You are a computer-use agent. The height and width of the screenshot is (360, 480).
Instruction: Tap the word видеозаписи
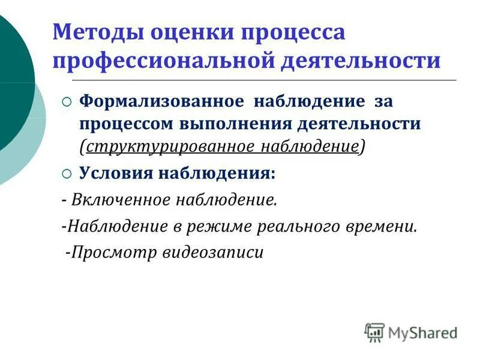tap(213, 252)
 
